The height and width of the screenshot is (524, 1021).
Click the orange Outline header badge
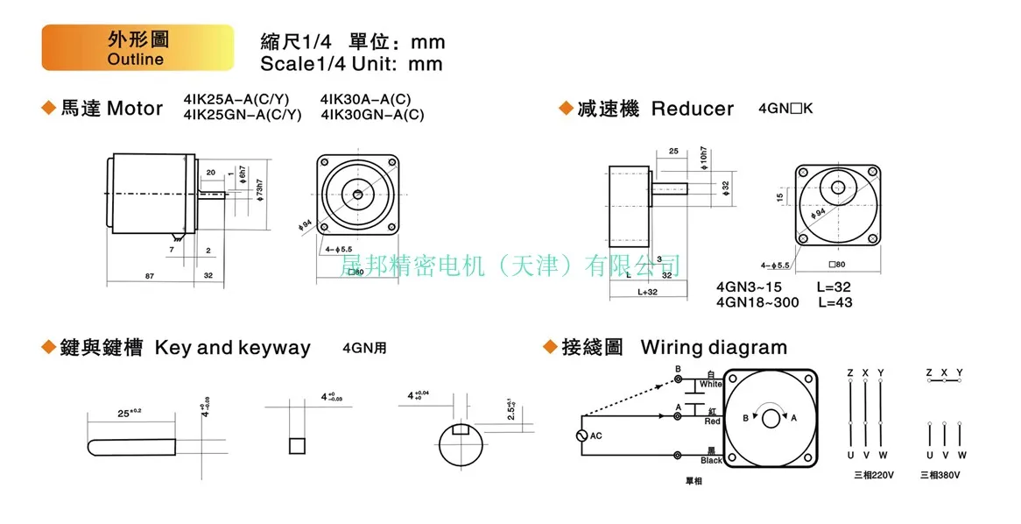point(137,47)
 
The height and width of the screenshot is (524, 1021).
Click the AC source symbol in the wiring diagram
point(583,435)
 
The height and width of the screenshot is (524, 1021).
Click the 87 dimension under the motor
point(150,277)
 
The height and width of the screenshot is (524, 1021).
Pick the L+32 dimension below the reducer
point(647,292)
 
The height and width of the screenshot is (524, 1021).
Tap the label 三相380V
point(940,475)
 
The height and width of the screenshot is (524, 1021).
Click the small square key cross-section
point(297,444)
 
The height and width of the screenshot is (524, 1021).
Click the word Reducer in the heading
point(693,109)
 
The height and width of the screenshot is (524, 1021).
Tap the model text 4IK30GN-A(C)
point(372,115)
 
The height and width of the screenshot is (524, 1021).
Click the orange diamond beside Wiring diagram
point(550,348)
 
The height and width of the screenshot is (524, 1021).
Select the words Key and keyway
point(232,348)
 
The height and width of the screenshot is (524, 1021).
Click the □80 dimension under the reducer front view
point(836,265)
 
